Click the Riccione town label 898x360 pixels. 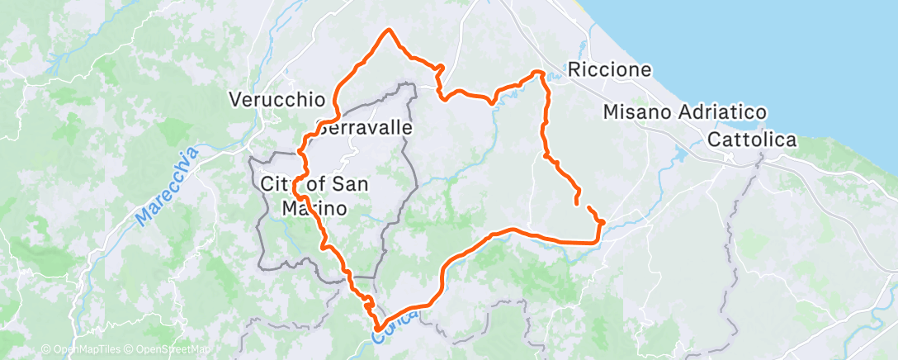click(610, 70)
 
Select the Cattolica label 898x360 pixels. click(751, 140)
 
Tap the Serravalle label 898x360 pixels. click(364, 129)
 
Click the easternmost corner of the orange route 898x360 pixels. click(603, 221)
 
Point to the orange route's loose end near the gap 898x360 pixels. click(576, 201)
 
